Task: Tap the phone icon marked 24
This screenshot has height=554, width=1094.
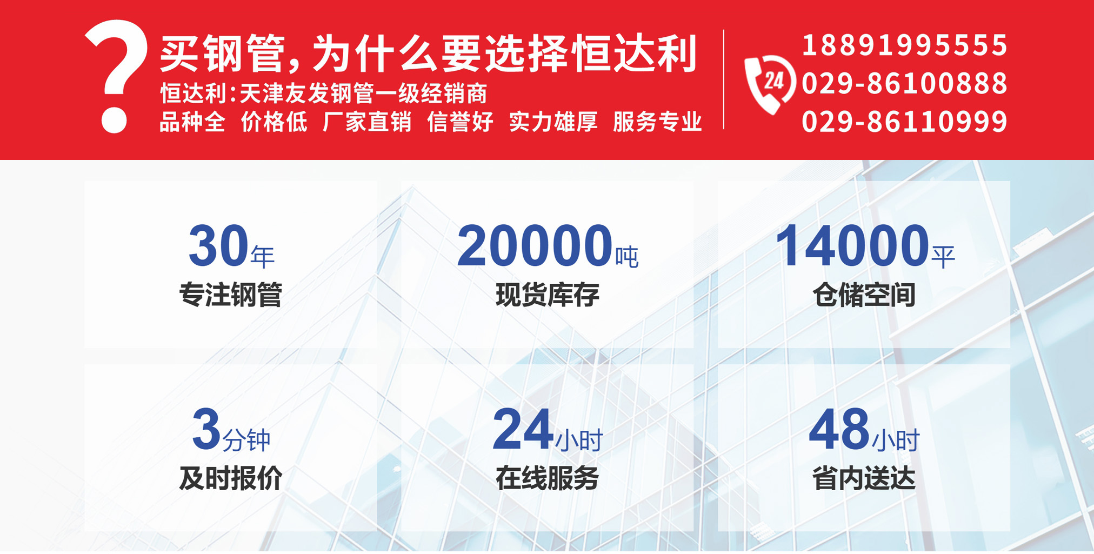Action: pyautogui.click(x=770, y=84)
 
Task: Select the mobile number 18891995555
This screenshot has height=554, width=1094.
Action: pyautogui.click(x=905, y=45)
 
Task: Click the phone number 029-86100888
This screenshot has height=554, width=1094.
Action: pyautogui.click(x=905, y=83)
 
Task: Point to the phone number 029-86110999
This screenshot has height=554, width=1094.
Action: pyautogui.click(x=905, y=121)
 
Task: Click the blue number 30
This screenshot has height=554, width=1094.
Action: pyautogui.click(x=218, y=246)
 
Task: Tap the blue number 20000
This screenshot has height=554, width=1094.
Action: pyautogui.click(x=535, y=246)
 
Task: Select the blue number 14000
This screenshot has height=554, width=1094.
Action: pyautogui.click(x=852, y=246)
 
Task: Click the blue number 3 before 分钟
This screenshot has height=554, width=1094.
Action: pyautogui.click(x=206, y=430)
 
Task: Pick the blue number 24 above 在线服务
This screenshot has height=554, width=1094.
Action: pyautogui.click(x=522, y=430)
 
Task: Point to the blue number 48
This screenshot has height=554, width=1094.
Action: pyautogui.click(x=839, y=430)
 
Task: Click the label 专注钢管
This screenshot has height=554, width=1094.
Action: pyautogui.click(x=231, y=295)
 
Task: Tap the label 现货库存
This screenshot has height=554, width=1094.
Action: pyautogui.click(x=548, y=295)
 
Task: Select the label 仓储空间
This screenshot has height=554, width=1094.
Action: pyautogui.click(x=864, y=295)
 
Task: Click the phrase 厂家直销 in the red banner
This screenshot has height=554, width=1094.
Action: pyautogui.click(x=367, y=122)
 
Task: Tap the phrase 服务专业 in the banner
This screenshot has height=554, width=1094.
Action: pyautogui.click(x=657, y=122)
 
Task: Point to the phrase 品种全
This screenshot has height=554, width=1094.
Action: pyautogui.click(x=192, y=122)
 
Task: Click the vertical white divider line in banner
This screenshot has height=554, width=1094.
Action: pyautogui.click(x=723, y=79)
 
